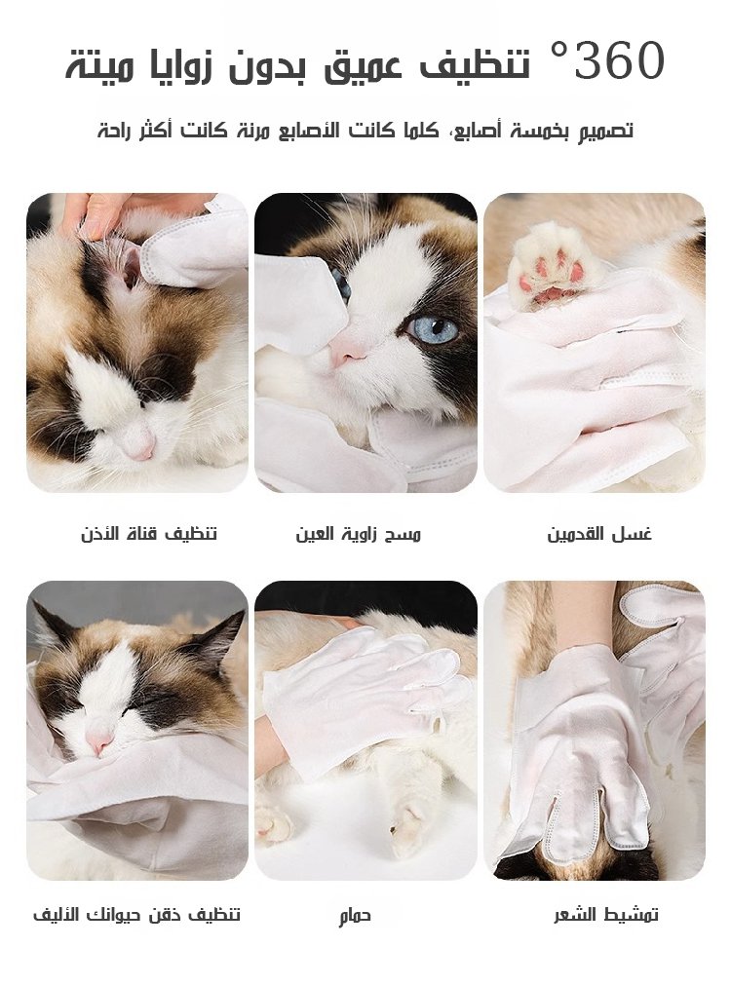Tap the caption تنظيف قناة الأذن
[x=149, y=534]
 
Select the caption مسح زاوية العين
[x=358, y=534]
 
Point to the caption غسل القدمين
[x=598, y=534]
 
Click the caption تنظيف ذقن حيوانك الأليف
[x=137, y=914]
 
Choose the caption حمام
[x=355, y=916]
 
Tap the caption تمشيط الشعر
[x=606, y=914]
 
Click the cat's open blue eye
[x=435, y=329]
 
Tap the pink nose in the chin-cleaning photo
[x=98, y=742]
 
